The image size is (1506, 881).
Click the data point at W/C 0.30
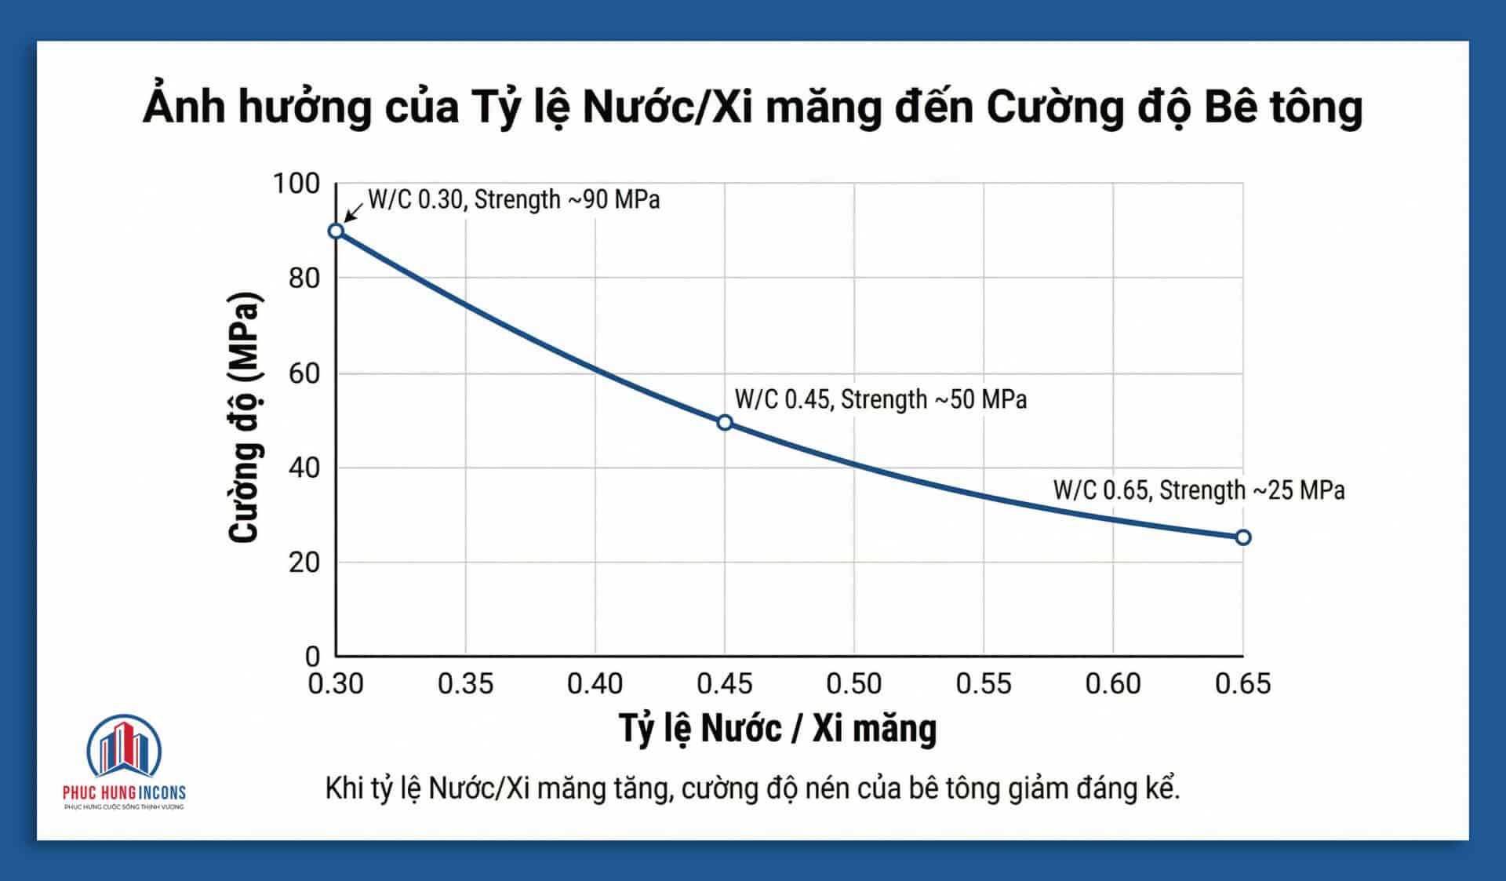pos(336,231)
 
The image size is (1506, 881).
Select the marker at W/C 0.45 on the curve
pos(725,423)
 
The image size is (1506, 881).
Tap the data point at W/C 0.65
pos(1243,537)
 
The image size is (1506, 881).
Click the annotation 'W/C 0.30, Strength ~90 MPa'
pos(514,199)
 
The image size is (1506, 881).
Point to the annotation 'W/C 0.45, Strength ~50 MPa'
pos(880,399)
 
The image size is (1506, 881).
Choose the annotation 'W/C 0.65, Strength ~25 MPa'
pos(1199,490)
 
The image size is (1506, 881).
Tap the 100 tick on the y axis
pos(296,184)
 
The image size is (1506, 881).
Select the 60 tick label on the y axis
pos(304,373)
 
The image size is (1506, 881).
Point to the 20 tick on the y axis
pos(304,562)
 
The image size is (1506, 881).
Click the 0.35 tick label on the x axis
pos(465,684)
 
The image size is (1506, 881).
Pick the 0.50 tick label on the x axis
pos(853,684)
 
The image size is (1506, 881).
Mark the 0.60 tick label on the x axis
pos(1112,684)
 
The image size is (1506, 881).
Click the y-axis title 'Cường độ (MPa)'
pos(243,417)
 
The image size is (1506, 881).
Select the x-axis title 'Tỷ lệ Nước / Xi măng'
pos(777,728)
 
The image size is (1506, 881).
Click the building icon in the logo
pos(124,747)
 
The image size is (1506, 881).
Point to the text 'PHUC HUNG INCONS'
pos(124,792)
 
